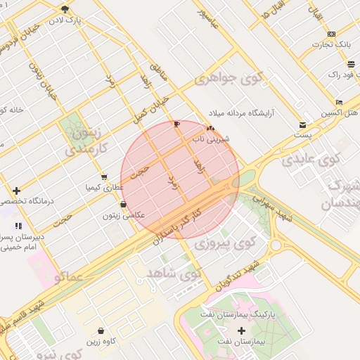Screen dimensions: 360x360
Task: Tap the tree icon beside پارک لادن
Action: pyautogui.click(x=65, y=9)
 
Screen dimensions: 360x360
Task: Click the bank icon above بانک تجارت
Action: pyautogui.click(x=332, y=34)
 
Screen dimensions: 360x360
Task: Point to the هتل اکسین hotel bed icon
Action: pyautogui.click(x=340, y=102)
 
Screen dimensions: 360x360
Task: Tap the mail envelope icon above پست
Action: pyautogui.click(x=302, y=124)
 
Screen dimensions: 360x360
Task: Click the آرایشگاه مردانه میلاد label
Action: pyautogui.click(x=241, y=112)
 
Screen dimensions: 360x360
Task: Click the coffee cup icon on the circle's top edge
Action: pyautogui.click(x=176, y=124)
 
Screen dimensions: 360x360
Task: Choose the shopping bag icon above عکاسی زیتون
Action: pyautogui.click(x=124, y=205)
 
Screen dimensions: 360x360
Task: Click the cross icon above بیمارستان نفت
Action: pyautogui.click(x=242, y=330)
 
